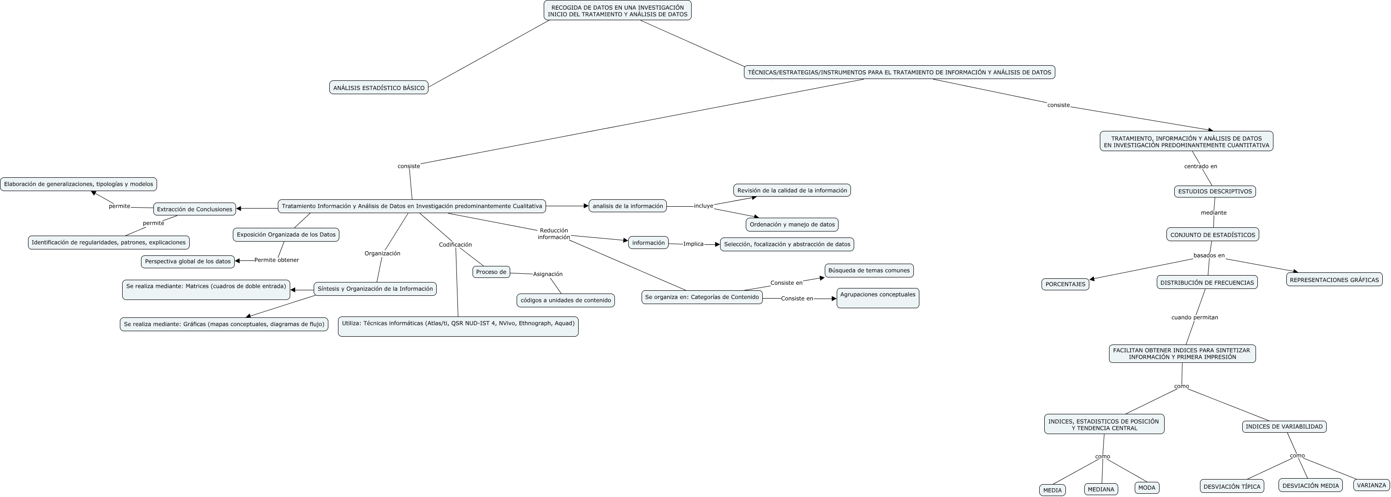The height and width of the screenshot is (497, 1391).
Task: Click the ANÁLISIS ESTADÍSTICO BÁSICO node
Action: coord(378,88)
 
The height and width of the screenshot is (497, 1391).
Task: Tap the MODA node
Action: coord(1146,488)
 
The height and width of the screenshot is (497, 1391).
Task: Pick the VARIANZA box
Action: coord(1371,485)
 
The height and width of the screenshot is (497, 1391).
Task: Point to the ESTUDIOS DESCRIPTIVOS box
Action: coord(1214,191)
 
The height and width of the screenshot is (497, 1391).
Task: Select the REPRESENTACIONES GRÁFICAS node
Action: coord(1334,280)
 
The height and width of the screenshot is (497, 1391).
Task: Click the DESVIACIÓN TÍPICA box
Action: coord(1232,486)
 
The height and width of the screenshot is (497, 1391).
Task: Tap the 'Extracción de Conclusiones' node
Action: coord(194,209)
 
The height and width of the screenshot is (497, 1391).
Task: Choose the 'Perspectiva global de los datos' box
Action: coord(187,261)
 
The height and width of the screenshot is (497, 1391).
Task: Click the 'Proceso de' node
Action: coord(491,272)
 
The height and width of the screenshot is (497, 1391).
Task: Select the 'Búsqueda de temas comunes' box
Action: coord(869,271)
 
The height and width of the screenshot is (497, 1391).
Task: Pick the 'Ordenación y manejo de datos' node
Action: coord(792,224)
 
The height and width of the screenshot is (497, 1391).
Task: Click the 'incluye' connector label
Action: coord(703,206)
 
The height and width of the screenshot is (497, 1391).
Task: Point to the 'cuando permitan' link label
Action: coord(1194,317)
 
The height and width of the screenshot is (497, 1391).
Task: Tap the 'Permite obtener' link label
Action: coord(276,260)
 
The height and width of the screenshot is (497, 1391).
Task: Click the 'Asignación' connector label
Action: coord(547,274)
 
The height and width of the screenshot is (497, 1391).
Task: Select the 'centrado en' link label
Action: coord(1200,166)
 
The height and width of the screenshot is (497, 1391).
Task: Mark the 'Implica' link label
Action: coord(693,243)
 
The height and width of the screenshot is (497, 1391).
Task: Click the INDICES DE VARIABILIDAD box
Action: coord(1284,427)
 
